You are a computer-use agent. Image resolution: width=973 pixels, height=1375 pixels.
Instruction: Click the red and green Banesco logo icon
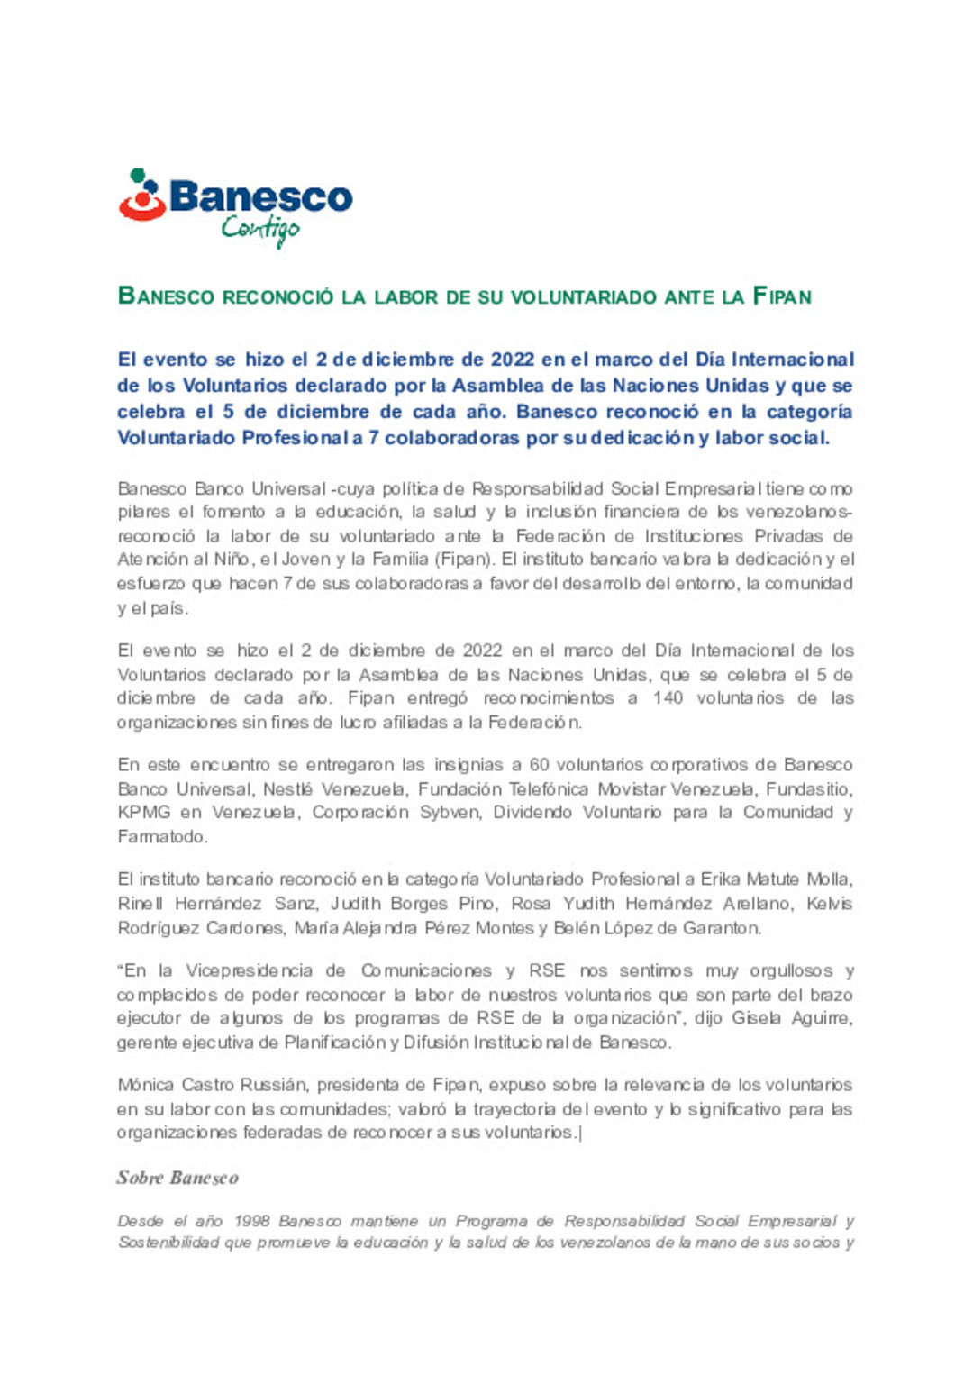tap(142, 196)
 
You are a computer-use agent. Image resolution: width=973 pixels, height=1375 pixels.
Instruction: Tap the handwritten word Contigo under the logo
tap(260, 230)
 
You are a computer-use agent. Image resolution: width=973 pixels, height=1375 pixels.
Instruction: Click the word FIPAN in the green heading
tap(782, 296)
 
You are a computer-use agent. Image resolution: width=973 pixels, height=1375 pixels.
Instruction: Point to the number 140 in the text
tap(668, 698)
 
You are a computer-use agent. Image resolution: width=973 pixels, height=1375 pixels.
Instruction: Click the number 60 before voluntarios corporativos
tap(539, 765)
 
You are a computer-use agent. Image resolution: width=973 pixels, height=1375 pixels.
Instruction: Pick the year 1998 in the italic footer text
tap(251, 1221)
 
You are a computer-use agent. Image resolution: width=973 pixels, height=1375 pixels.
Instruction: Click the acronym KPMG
tap(144, 813)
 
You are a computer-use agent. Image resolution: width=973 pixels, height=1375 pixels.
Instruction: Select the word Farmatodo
tap(162, 837)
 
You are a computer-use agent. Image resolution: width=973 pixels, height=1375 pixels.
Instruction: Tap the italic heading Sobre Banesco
tap(177, 1178)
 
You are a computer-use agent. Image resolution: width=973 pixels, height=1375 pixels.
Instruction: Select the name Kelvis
tap(829, 904)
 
